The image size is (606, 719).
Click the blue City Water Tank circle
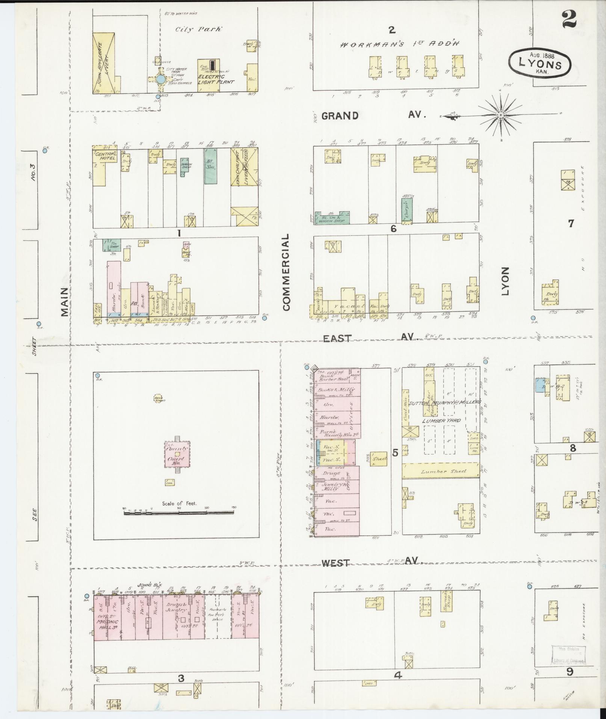tap(160, 79)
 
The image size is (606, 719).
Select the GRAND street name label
tap(340, 115)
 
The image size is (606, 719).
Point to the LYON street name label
tap(506, 281)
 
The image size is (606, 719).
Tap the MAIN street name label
tap(64, 302)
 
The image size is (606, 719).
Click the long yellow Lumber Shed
tap(441, 471)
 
